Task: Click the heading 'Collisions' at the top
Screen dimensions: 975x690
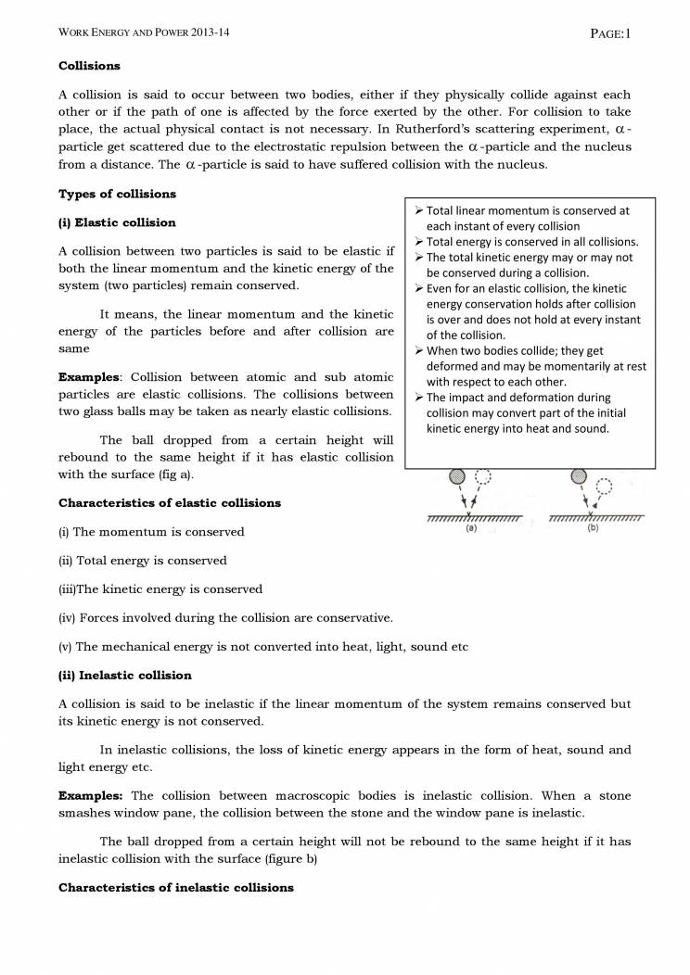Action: (x=89, y=67)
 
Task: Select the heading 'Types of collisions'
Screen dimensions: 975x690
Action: (x=117, y=194)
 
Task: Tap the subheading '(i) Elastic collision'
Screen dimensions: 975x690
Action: (x=117, y=222)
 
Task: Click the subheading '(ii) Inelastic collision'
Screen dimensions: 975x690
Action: (x=125, y=675)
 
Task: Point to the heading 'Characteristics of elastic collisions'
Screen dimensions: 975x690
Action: (x=170, y=502)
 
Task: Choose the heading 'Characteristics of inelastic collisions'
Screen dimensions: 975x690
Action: (x=176, y=887)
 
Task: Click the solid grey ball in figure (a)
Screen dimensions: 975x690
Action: (x=456, y=476)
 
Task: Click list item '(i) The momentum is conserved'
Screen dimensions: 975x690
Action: (x=151, y=532)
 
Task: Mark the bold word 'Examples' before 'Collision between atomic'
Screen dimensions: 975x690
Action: (x=91, y=377)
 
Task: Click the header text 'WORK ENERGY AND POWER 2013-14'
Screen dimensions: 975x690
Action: (x=144, y=34)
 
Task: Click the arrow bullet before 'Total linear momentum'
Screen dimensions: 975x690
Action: (x=418, y=211)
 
